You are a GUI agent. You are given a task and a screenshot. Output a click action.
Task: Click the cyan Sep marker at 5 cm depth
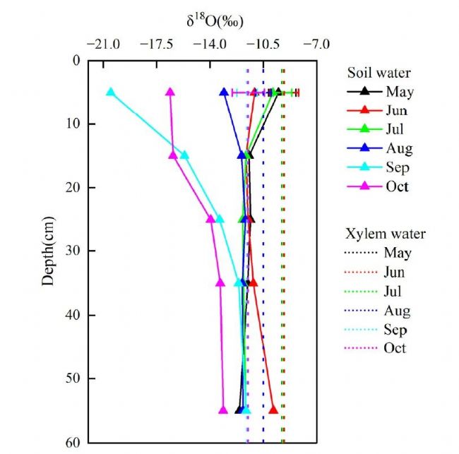click(110, 92)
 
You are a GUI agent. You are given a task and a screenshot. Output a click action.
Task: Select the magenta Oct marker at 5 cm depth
click(170, 92)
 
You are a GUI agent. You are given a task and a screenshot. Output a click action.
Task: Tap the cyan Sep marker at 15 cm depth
click(184, 155)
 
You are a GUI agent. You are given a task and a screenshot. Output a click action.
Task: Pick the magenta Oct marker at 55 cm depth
click(223, 410)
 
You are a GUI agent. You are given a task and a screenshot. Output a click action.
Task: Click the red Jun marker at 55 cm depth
click(273, 410)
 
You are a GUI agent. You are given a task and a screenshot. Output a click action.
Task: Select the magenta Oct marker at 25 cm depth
click(210, 219)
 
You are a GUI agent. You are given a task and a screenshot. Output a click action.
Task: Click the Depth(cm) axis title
click(48, 251)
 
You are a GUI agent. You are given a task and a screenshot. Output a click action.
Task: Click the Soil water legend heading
click(378, 73)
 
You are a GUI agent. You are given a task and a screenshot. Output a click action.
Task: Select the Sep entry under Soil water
click(398, 168)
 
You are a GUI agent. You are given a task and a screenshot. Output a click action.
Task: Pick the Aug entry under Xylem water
click(398, 310)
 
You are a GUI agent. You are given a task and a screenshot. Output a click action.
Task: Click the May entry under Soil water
click(399, 92)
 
